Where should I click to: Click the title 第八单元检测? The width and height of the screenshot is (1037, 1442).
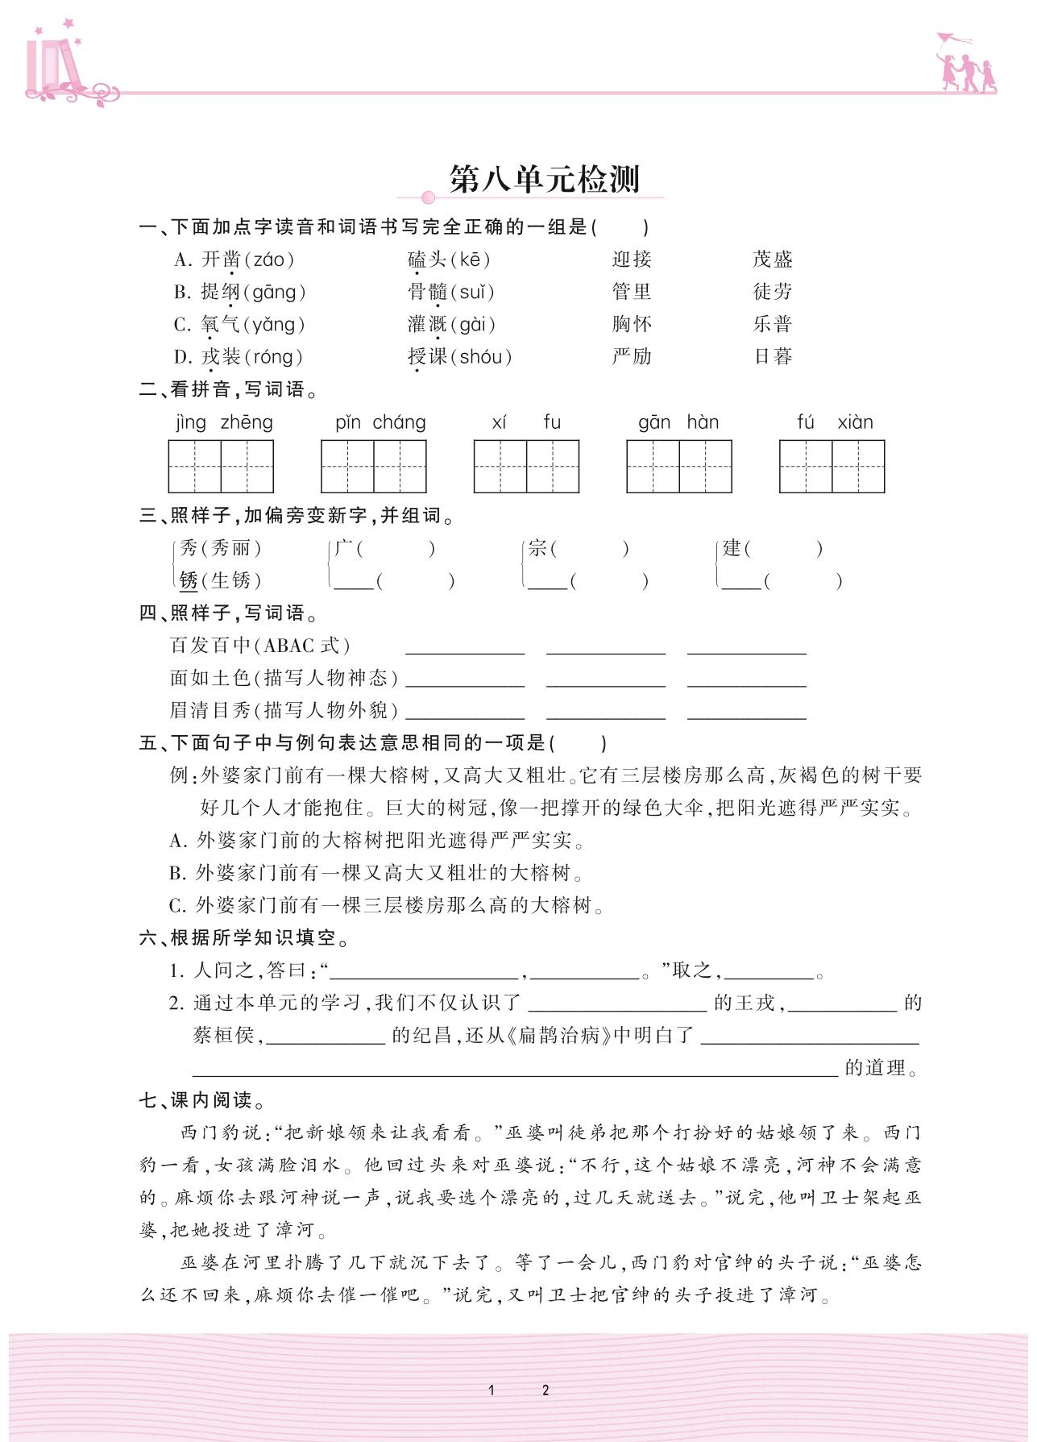(545, 179)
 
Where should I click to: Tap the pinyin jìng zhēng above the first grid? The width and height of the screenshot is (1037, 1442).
(224, 422)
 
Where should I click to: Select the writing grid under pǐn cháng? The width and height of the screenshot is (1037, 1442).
(373, 466)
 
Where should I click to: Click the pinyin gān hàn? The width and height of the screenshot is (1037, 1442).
(678, 422)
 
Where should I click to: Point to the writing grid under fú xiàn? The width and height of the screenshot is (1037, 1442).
(832, 466)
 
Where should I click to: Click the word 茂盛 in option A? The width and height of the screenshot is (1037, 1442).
(773, 260)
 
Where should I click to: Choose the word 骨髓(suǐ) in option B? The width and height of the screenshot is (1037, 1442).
(451, 292)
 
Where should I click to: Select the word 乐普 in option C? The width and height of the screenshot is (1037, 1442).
(773, 324)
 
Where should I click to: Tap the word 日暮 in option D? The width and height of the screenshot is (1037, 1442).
(773, 356)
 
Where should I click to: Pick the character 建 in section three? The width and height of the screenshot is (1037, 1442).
(731, 549)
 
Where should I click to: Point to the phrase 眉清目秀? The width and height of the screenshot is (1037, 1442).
(210, 710)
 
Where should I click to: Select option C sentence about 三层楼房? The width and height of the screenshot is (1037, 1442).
(387, 906)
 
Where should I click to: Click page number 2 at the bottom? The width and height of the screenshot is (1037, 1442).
(545, 1390)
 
